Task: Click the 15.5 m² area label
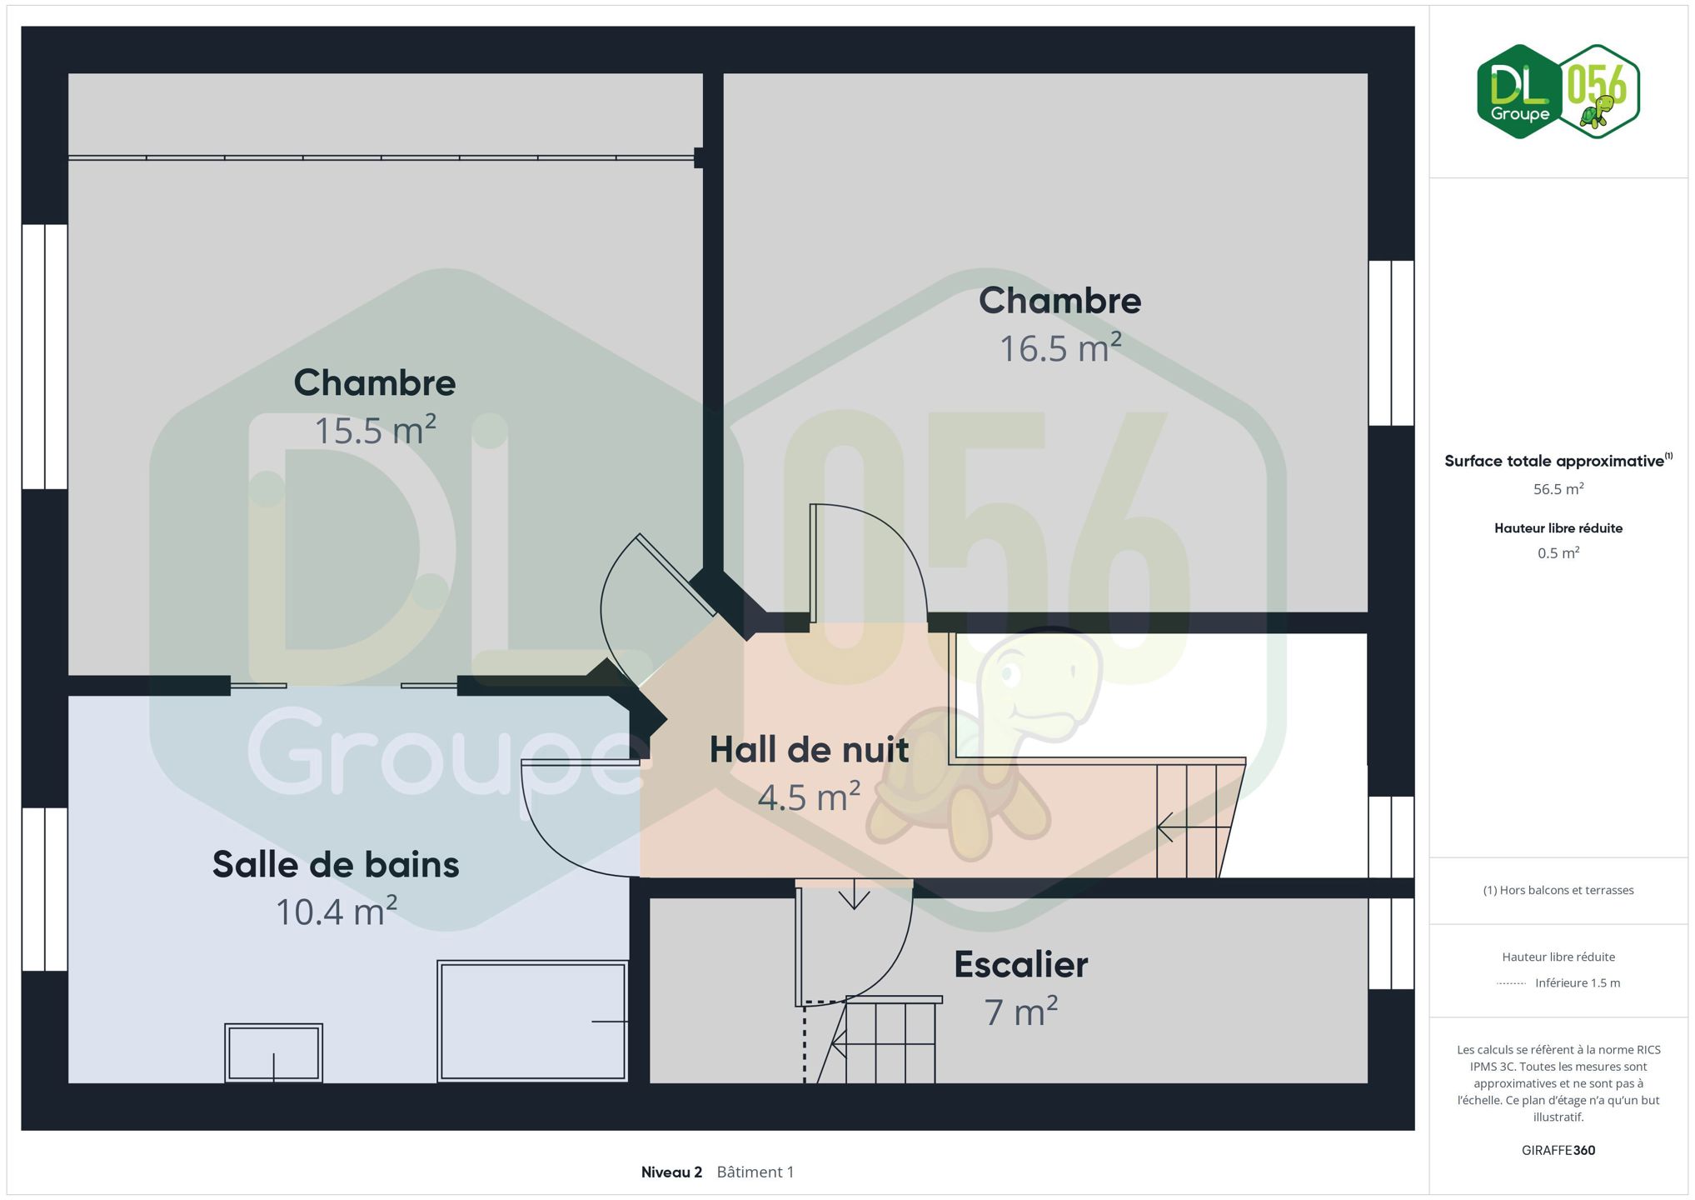[375, 431]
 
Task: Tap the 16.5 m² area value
[1060, 348]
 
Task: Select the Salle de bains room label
[336, 864]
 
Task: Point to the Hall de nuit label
[809, 750]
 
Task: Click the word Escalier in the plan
[1021, 964]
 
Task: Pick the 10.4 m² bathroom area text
[337, 912]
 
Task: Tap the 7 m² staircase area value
[1021, 1012]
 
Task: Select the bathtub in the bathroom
[533, 1021]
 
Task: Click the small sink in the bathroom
[273, 1052]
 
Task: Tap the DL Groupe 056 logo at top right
[1558, 92]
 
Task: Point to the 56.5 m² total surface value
[1558, 489]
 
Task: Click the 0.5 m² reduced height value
[1558, 553]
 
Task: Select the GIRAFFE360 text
[1558, 1150]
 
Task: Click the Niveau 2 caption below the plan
[671, 1172]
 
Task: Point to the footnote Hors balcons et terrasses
[1558, 890]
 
